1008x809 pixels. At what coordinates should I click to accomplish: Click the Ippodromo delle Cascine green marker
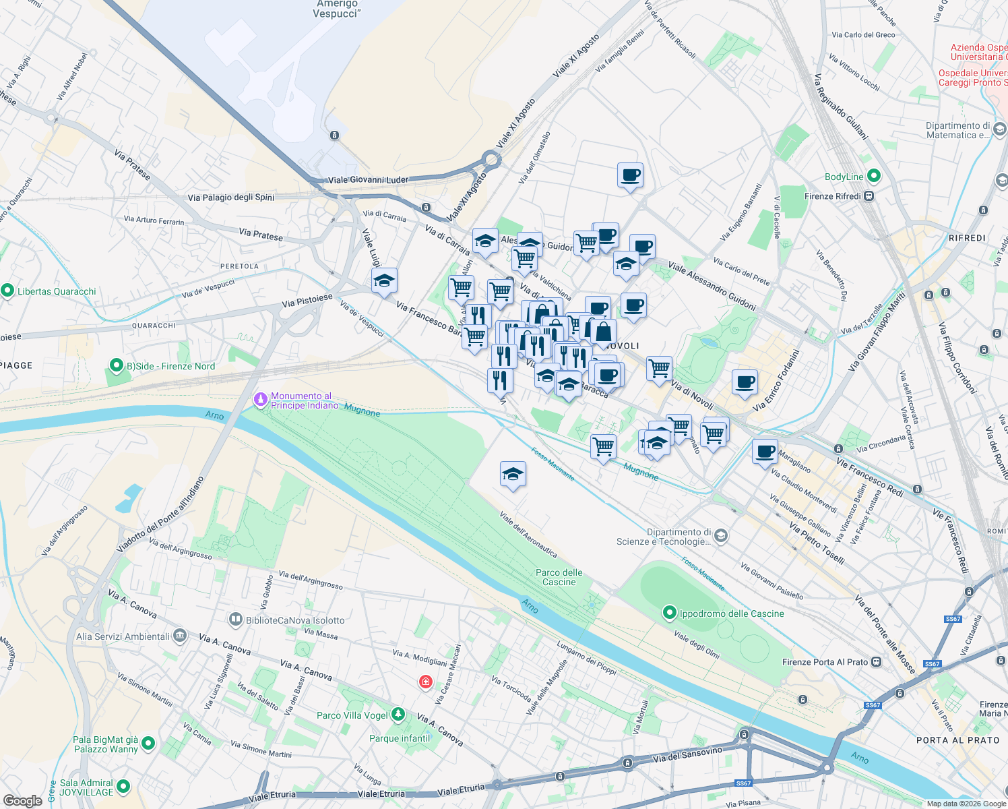(x=669, y=613)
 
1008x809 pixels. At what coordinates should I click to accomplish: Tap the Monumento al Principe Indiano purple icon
(x=260, y=400)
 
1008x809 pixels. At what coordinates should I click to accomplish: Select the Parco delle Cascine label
(x=559, y=577)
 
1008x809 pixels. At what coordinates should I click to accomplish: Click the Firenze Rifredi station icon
(x=869, y=196)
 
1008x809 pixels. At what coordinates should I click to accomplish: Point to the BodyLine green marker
(x=874, y=177)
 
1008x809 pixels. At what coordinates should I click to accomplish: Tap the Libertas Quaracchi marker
(x=7, y=291)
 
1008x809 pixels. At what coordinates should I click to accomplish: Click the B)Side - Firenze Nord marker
(x=116, y=366)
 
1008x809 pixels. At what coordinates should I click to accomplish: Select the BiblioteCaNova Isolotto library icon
(x=235, y=620)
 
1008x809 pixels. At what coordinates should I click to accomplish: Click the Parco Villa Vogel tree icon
(x=398, y=714)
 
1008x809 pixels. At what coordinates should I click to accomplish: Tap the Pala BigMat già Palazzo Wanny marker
(x=148, y=744)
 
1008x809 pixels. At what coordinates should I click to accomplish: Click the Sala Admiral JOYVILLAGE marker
(x=123, y=786)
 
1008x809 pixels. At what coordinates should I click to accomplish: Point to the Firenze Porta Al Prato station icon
(x=876, y=662)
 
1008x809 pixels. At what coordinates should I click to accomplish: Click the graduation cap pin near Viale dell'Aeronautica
(x=513, y=475)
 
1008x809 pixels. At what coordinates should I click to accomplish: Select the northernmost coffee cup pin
(x=630, y=175)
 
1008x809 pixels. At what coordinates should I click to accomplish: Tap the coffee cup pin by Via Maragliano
(x=764, y=451)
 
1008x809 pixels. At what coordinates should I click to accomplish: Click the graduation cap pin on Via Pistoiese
(x=384, y=281)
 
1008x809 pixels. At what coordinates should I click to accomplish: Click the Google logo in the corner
(x=22, y=800)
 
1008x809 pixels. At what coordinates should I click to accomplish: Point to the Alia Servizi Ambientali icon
(x=179, y=635)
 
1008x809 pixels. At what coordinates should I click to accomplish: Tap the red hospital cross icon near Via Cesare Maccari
(x=425, y=682)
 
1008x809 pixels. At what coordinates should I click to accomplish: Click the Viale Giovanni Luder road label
(x=368, y=180)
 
